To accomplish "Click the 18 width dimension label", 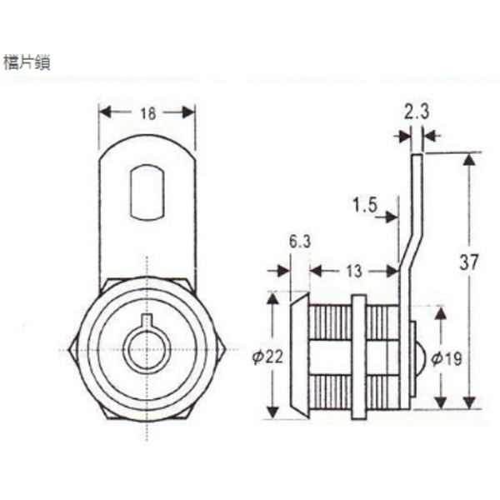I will tap(147, 113).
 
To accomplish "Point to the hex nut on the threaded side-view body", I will tap(359, 356).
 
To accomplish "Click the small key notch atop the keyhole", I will tap(147, 322).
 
